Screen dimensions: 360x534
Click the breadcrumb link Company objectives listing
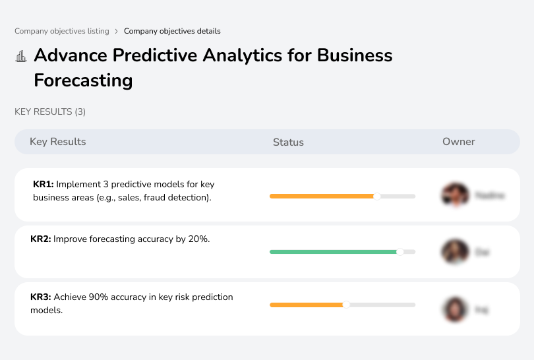click(x=61, y=31)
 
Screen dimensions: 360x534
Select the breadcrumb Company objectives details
click(x=172, y=31)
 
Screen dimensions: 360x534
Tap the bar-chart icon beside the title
click(x=21, y=56)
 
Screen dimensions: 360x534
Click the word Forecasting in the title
click(x=83, y=80)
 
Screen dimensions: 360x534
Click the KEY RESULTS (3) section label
click(x=50, y=112)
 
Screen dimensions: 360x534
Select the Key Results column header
click(x=57, y=142)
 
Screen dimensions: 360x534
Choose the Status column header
click(x=288, y=142)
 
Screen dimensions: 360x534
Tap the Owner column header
click(x=459, y=142)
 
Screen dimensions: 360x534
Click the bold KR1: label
click(x=43, y=185)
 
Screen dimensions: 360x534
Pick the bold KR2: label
click(x=41, y=239)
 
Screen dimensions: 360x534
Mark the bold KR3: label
click(x=41, y=297)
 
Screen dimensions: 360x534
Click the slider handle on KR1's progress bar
click(x=377, y=196)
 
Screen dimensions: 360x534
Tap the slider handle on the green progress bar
click(x=400, y=251)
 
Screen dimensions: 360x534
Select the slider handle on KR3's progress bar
click(x=346, y=305)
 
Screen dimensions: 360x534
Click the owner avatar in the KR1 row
click(x=454, y=195)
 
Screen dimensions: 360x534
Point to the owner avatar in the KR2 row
click(x=454, y=251)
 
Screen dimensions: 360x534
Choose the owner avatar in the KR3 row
click(x=454, y=309)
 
